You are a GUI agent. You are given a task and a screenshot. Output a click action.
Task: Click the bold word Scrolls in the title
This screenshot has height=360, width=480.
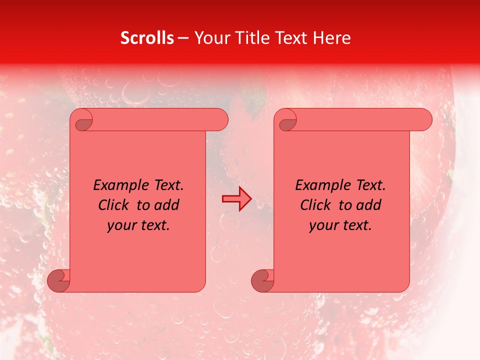[x=147, y=37]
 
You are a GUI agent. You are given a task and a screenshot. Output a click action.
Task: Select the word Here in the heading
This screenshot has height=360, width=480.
[x=331, y=37]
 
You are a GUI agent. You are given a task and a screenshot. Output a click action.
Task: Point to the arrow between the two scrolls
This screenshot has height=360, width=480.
[x=236, y=199]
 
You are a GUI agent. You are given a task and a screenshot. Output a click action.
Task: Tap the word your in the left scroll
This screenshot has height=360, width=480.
[x=121, y=225]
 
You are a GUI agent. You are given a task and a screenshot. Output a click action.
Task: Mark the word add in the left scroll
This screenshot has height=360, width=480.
[x=167, y=205]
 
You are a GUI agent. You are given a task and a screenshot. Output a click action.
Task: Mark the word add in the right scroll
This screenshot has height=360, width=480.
[x=369, y=205]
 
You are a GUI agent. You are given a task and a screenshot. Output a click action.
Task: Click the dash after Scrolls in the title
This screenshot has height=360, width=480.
[x=183, y=38]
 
